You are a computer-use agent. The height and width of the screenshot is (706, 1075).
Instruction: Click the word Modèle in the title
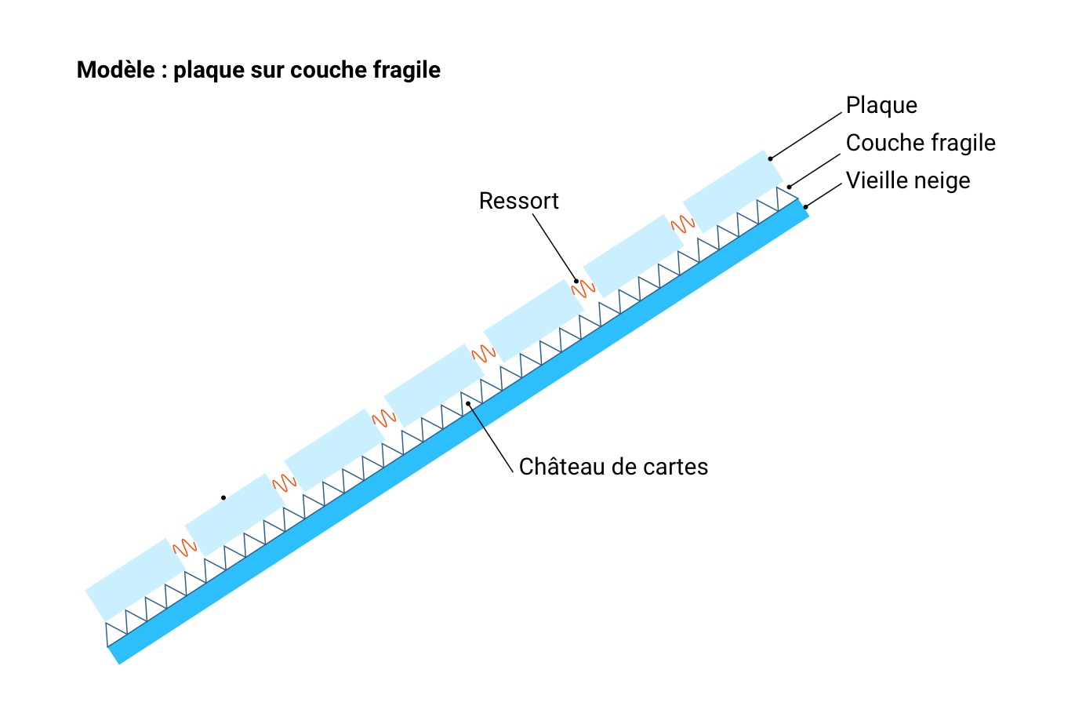pos(115,71)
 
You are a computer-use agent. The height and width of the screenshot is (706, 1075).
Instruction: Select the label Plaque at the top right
pos(881,105)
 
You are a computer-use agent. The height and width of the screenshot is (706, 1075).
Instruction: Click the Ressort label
pos(519,201)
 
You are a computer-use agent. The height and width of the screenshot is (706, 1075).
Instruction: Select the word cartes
pos(675,467)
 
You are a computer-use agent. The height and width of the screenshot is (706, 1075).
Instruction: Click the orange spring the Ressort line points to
pos(583,289)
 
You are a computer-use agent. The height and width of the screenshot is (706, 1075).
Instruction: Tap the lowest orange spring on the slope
pos(184,548)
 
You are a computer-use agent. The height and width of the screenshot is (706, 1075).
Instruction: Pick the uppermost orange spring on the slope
pos(683,224)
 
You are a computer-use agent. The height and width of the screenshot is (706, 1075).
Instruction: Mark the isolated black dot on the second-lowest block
pos(223,497)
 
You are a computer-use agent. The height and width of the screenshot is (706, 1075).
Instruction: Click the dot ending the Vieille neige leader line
pos(805,207)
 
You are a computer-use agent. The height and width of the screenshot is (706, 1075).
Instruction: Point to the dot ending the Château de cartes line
pos(468,403)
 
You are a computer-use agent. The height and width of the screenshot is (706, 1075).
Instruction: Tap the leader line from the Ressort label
pos(555,247)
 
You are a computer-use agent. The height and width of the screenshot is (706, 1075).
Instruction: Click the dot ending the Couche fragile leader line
pos(790,187)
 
